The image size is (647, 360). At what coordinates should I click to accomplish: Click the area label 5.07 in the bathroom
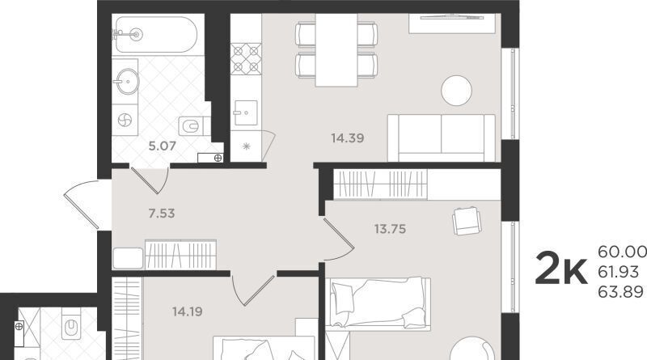click(163, 146)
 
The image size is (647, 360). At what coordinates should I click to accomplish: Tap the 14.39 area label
click(348, 138)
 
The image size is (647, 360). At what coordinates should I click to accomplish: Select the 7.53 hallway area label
click(162, 214)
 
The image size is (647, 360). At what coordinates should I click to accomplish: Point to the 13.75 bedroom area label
click(390, 229)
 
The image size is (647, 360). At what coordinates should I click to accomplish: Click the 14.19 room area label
click(188, 311)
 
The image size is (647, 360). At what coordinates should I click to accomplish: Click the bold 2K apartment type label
click(560, 271)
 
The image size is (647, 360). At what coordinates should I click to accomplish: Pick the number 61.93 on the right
click(618, 272)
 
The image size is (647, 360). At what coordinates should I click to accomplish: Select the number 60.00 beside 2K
click(622, 252)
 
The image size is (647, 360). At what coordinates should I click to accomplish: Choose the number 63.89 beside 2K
click(620, 292)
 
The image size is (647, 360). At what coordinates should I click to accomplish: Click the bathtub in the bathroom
click(156, 34)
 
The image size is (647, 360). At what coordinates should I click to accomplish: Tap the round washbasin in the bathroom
click(128, 82)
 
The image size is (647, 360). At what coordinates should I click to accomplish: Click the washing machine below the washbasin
click(125, 121)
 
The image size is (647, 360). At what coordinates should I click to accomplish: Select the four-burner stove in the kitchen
click(246, 58)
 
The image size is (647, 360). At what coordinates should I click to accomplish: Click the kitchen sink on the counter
click(246, 112)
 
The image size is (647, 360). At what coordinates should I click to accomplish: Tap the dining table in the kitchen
click(336, 50)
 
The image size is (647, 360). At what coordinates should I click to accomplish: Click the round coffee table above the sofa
click(456, 91)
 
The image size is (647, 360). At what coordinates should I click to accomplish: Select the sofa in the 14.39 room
click(441, 138)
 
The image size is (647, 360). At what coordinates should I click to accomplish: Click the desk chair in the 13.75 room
click(467, 221)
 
